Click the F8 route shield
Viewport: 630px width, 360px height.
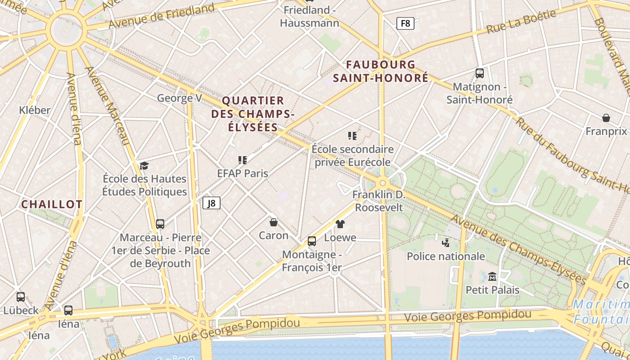pos(405,23)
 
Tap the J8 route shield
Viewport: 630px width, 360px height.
pos(211,203)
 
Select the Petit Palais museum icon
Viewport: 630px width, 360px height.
pos(492,276)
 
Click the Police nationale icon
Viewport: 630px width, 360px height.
pos(445,243)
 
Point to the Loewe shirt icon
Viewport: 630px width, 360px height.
pos(340,224)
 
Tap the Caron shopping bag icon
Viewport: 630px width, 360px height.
pos(273,222)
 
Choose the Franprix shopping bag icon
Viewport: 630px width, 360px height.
pos(606,118)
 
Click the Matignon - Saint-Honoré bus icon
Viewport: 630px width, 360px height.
pos(480,73)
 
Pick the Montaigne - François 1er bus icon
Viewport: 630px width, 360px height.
pos(311,241)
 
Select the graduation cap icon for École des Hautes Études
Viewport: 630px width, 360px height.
pos(144,166)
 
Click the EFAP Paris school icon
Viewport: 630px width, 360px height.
pos(243,160)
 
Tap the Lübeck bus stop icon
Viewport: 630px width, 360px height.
pos(21,297)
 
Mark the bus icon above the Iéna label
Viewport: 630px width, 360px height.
pos(68,310)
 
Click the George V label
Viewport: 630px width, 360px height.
pos(179,98)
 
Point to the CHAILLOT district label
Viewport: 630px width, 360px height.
pos(52,204)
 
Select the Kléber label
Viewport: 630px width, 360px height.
pos(35,110)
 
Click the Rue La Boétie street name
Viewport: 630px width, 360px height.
pos(521,22)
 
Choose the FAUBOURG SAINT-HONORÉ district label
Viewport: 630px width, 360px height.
pos(381,71)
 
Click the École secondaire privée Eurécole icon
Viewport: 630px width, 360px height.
pos(352,135)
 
